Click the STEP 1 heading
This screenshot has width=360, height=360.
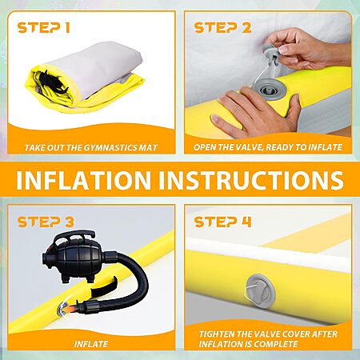[x=44, y=28]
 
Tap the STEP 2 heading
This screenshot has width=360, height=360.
[x=222, y=28]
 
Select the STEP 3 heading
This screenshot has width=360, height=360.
[x=46, y=222]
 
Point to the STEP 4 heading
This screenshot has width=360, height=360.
[x=222, y=222]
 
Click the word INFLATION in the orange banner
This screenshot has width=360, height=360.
[x=83, y=180]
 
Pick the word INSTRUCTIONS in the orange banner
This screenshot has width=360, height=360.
[x=251, y=180]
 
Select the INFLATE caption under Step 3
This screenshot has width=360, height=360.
[x=91, y=344]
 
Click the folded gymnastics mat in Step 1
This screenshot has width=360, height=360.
[x=86, y=78]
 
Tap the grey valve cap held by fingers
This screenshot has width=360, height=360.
[x=270, y=54]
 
